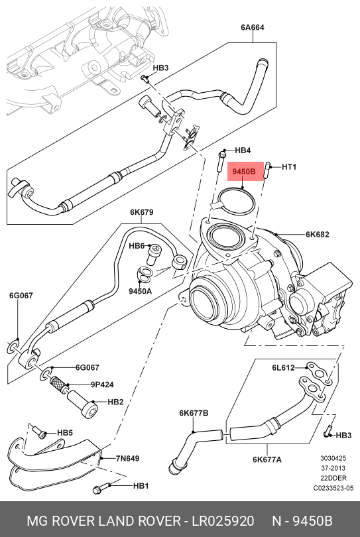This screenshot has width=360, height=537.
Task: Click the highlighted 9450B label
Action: [244, 171]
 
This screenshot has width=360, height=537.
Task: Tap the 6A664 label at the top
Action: [253, 27]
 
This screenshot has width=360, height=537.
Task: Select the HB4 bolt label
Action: [243, 150]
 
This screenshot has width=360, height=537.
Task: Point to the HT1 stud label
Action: [289, 167]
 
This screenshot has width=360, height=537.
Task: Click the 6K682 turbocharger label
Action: [317, 234]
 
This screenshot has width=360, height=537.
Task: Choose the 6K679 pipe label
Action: [141, 212]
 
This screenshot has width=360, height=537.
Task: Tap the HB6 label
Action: [137, 246]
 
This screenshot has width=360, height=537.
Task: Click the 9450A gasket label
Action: [140, 291]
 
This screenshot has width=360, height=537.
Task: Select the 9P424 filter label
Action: [102, 385]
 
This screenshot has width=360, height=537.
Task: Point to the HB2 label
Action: [115, 402]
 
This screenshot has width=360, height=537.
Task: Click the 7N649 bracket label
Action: [127, 458]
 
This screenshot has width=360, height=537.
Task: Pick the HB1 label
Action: [141, 485]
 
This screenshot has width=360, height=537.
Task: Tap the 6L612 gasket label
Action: [283, 367]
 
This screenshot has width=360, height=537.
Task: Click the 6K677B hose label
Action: [194, 413]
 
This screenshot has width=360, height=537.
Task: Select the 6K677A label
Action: [267, 459]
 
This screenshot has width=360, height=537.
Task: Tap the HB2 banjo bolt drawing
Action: [82, 404]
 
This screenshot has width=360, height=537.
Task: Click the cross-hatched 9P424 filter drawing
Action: [58, 383]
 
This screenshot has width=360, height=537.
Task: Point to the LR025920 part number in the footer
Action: [223, 521]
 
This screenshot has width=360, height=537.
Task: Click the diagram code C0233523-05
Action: [333, 488]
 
